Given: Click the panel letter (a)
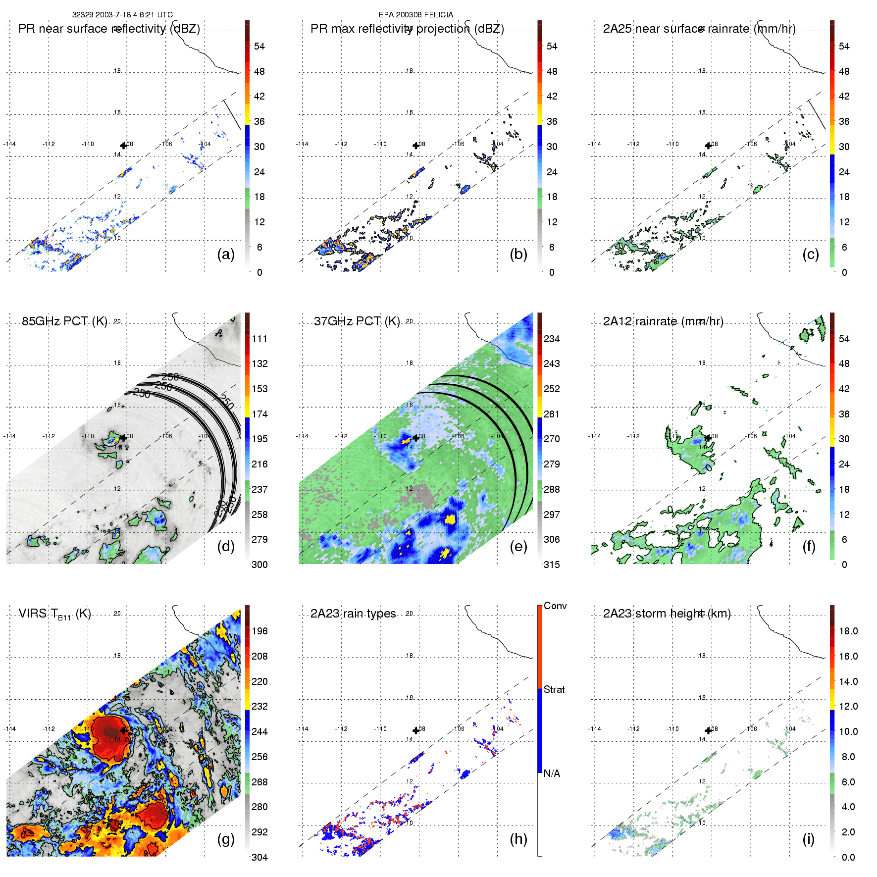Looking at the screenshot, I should pyautogui.click(x=226, y=255).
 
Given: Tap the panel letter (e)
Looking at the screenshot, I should pyautogui.click(x=518, y=547).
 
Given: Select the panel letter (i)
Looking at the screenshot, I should pyautogui.click(x=809, y=839).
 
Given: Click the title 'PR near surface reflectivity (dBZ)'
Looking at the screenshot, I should pyautogui.click(x=109, y=29).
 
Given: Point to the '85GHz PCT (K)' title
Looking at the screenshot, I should pyautogui.click(x=64, y=321).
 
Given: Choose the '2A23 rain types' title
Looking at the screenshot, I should pyautogui.click(x=353, y=614).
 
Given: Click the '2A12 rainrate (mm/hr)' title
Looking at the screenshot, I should pyautogui.click(x=663, y=321).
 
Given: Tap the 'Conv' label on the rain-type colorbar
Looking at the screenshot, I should pyautogui.click(x=555, y=606).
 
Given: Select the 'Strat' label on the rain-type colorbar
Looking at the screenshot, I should pyautogui.click(x=554, y=689).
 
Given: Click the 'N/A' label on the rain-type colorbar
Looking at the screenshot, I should pyautogui.click(x=552, y=774).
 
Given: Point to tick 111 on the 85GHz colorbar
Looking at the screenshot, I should pyautogui.click(x=259, y=339).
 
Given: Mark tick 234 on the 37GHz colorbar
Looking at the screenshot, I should pyautogui.click(x=552, y=339).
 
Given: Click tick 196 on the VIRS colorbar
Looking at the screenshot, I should pyautogui.click(x=259, y=631).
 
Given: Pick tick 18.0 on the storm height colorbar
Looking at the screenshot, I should pyautogui.click(x=848, y=631).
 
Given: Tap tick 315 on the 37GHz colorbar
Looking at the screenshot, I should pyautogui.click(x=552, y=565).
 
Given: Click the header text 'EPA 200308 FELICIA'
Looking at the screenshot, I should pyautogui.click(x=416, y=15).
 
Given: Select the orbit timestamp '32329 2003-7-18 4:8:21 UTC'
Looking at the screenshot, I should pyautogui.click(x=122, y=15).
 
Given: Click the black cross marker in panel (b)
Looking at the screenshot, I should pyautogui.click(x=416, y=145).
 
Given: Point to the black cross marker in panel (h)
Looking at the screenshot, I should pyautogui.click(x=416, y=730).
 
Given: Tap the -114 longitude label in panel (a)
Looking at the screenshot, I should pyautogui.click(x=10, y=144).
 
